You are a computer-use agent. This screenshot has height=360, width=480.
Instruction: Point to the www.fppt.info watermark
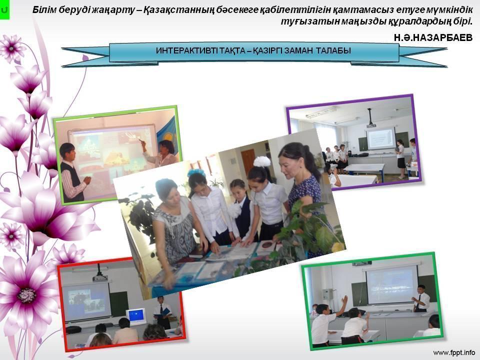tap(454, 352)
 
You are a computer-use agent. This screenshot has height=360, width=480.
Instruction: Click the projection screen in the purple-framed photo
tap(380, 138)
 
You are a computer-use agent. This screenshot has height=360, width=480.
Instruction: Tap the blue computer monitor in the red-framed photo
tap(136, 315)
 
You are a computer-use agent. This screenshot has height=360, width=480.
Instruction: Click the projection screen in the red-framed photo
tap(86, 300)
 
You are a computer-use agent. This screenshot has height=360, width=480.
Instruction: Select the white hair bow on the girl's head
tap(261, 161)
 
